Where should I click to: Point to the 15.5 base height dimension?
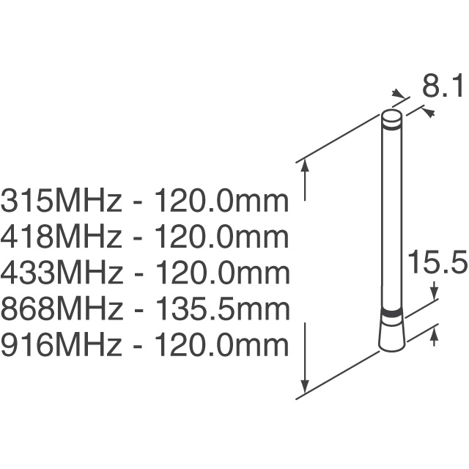pos(437,263)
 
